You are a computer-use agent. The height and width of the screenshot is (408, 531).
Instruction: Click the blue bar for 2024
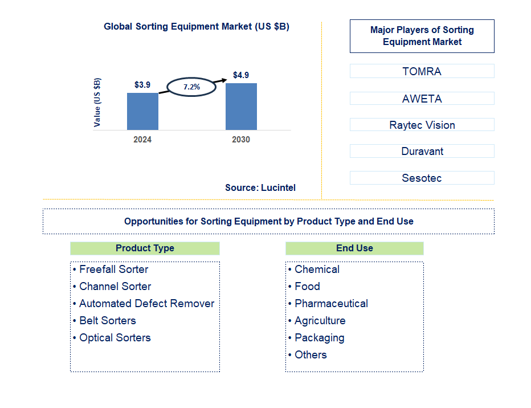[x=142, y=111]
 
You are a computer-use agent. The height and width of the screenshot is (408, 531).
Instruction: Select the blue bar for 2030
[x=241, y=107]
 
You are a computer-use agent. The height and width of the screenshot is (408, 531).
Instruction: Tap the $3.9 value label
[x=142, y=85]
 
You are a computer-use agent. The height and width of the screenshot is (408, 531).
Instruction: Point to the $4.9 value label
[x=241, y=75]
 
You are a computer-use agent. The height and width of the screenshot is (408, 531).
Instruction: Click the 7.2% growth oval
[x=191, y=87]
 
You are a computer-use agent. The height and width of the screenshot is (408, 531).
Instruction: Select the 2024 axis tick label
[x=142, y=140]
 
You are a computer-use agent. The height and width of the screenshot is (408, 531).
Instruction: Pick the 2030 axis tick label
[x=241, y=140]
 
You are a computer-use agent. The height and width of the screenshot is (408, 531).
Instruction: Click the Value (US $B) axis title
[x=97, y=102]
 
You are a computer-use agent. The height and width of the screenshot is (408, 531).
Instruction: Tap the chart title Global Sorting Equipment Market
[x=197, y=26]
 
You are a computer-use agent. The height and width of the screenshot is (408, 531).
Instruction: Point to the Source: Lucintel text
[x=260, y=187]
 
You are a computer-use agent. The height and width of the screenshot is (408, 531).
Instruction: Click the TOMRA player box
[x=422, y=71]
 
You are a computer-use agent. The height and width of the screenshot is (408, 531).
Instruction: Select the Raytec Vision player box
[x=422, y=125]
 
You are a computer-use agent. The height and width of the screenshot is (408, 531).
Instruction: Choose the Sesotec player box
[x=422, y=178]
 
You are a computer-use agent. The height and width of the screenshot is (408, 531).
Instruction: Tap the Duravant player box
[x=422, y=151]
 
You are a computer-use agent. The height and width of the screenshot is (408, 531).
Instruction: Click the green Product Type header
[x=145, y=248]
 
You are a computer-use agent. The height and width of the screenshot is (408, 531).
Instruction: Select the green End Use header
[x=354, y=248]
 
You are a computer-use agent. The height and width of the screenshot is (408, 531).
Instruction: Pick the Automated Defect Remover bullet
[x=146, y=304]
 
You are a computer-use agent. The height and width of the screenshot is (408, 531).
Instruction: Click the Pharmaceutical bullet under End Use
[x=331, y=304]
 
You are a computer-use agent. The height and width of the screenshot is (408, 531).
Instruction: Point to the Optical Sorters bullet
[x=115, y=338]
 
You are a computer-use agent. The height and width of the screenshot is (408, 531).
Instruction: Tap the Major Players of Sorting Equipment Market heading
[x=422, y=36]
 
